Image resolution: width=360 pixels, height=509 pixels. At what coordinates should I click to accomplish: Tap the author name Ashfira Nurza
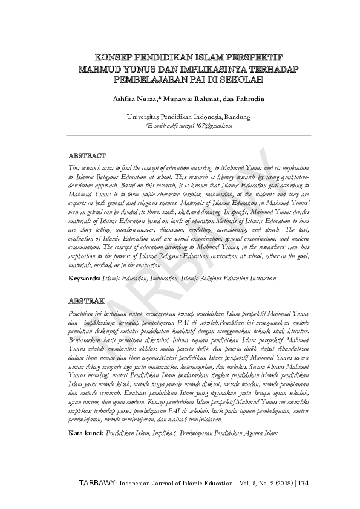[x=125, y=98]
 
